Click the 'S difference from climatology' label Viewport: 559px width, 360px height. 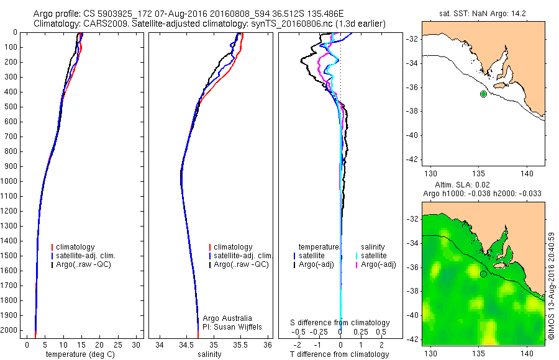coord(340,323)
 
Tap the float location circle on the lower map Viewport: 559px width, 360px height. coord(483,274)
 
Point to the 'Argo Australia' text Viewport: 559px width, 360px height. coord(227,318)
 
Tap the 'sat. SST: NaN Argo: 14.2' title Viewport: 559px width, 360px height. coord(483,12)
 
